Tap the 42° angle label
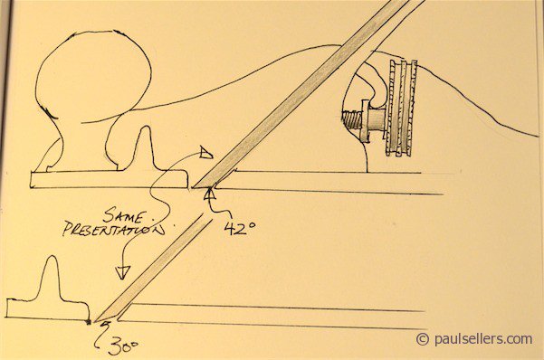[239, 228]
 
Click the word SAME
[123, 215]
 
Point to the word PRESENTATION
[114, 231]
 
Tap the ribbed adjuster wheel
[402, 109]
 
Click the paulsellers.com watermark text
[483, 339]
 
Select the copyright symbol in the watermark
[423, 339]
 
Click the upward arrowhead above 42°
[210, 194]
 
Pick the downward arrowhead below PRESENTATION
[122, 272]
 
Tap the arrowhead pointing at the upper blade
[206, 153]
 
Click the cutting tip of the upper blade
[193, 187]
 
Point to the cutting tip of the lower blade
[94, 321]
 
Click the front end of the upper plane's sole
[32, 180]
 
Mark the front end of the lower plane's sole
[7, 308]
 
